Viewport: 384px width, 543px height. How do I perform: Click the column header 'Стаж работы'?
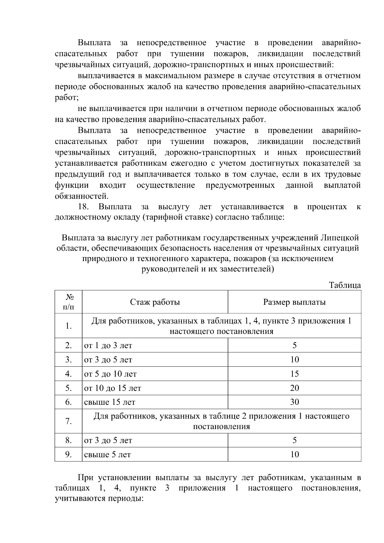coord(155,302)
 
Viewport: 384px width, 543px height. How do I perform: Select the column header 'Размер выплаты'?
coord(294,302)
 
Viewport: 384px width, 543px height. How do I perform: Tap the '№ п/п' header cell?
coord(68,302)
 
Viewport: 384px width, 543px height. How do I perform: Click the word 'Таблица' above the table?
coord(345,285)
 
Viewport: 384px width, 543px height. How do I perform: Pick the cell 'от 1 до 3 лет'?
coord(108,346)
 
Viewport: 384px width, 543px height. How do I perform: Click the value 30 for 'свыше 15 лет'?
coord(294,402)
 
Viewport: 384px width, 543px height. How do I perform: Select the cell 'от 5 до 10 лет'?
coord(110,374)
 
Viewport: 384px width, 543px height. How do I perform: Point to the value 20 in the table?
coord(294,388)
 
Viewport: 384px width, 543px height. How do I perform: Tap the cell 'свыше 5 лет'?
coord(108,455)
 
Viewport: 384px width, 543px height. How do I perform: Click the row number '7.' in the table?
coord(68,421)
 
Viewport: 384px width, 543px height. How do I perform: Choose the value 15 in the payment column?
coord(294,374)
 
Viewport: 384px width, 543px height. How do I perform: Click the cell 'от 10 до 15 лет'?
coord(113,388)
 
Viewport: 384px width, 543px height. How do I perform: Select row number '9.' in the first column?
coord(68,455)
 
